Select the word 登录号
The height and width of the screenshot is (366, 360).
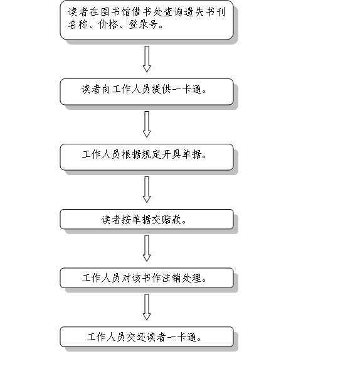click(143, 24)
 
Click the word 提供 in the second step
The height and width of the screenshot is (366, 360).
click(162, 89)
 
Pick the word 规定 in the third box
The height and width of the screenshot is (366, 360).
click(152, 154)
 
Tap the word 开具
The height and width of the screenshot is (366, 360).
click(172, 154)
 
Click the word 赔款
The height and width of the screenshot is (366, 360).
click(172, 220)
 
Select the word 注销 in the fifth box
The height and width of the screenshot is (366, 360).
click(172, 278)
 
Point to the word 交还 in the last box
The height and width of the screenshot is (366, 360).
click(137, 337)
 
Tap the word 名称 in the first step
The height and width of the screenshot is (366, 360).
click(78, 24)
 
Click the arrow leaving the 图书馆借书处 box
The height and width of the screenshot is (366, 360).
click(147, 59)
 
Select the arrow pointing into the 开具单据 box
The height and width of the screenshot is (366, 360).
click(147, 124)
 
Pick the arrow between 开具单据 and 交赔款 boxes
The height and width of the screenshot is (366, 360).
click(147, 190)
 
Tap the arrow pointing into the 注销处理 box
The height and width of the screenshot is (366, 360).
click(147, 249)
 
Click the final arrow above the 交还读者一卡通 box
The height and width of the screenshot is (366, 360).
click(147, 307)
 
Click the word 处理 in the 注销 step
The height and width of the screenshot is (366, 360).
click(192, 278)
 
